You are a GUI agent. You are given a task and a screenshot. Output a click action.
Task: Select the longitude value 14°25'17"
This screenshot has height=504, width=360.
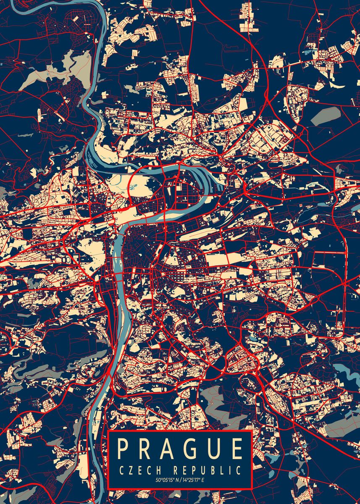[x=191, y=480]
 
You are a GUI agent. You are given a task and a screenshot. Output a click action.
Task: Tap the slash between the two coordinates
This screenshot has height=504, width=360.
[x=180, y=480]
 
